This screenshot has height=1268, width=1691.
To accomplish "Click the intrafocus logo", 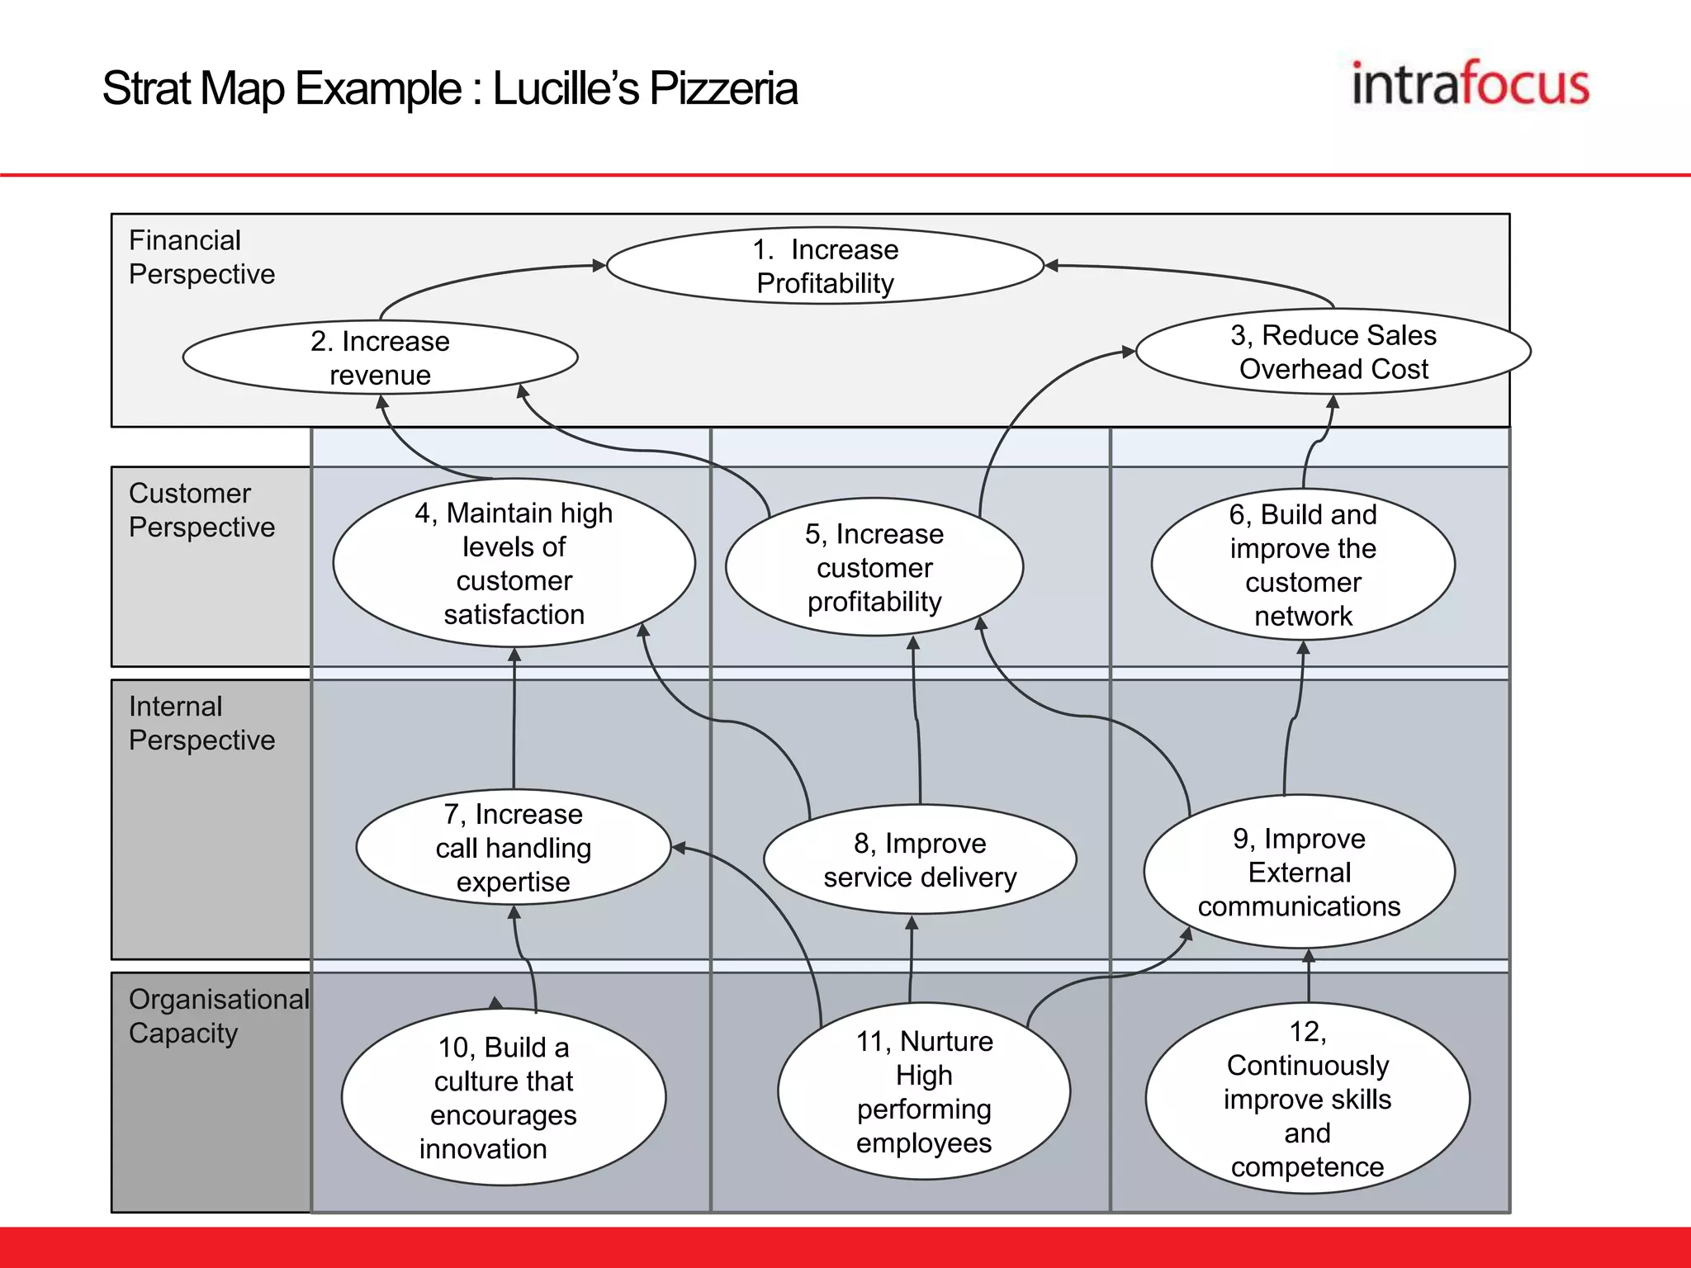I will [1470, 84].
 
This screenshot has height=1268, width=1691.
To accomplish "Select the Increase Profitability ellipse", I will [825, 266].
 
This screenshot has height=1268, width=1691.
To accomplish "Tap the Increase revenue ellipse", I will [380, 357].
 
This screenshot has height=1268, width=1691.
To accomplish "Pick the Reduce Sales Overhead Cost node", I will [1333, 352].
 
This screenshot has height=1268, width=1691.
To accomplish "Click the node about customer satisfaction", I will [514, 563].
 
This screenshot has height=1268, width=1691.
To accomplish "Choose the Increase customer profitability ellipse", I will [874, 567].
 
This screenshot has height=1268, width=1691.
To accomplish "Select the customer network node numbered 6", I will [1302, 565].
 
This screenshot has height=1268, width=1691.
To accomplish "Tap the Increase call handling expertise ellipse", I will [513, 848].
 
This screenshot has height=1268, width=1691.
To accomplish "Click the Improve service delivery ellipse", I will [919, 859].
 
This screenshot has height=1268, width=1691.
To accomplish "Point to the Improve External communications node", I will [1298, 872].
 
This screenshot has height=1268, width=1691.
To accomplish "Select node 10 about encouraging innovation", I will [503, 1097].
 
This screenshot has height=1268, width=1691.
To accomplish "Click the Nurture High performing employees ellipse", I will [923, 1091].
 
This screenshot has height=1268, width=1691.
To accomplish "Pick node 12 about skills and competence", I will [1306, 1098].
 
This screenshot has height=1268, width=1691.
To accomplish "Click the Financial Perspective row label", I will [201, 257].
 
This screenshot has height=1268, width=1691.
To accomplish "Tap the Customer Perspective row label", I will [201, 509].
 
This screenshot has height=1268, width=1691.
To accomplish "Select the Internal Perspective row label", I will [201, 722].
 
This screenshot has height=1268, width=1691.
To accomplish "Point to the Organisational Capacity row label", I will [218, 1015].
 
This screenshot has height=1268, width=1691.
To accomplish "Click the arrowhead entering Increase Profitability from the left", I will [599, 265].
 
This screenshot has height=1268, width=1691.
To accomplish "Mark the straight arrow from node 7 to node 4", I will [514, 718].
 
